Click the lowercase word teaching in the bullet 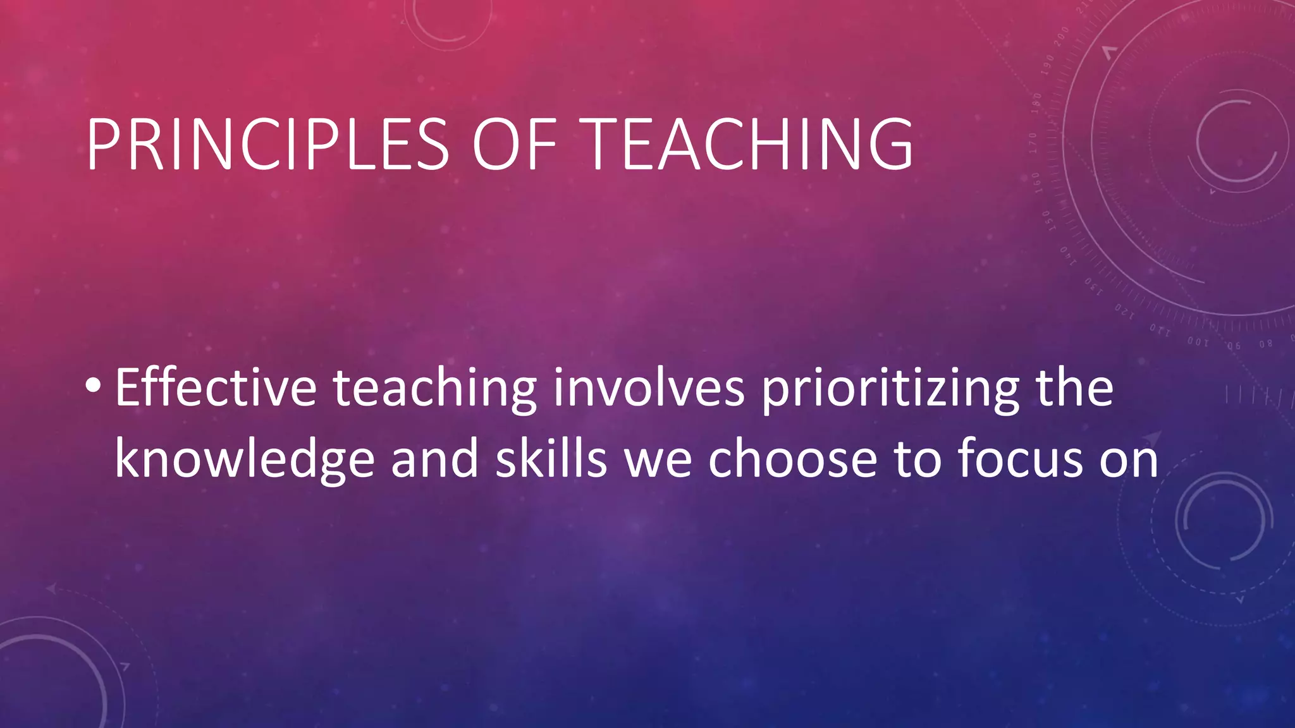tap(434, 389)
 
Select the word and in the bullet tap(434, 459)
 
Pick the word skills tap(551, 459)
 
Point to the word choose tap(792, 459)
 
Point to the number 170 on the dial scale tap(1033, 143)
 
